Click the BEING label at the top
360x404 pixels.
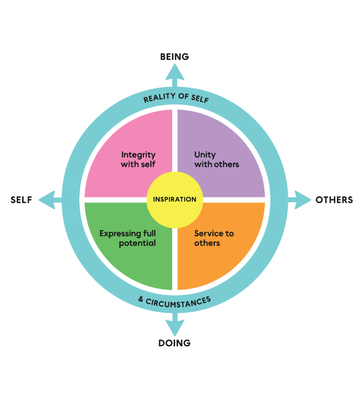pos(175,57)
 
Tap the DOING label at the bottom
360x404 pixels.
pos(175,343)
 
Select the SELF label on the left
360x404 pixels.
pos(21,200)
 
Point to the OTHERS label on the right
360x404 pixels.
pos(334,200)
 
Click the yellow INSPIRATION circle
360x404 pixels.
pos(175,199)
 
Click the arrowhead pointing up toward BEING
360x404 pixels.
pos(175,71)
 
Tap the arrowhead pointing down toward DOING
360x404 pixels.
pos(175,329)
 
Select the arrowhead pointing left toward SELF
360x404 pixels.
pos(46,199)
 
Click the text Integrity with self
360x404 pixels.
pos(138,160)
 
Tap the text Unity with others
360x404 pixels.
pos(217,160)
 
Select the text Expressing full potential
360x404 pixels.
pos(127,238)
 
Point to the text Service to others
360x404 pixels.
pos(214,238)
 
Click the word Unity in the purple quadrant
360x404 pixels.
pos(205,155)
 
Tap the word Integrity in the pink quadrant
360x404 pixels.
pos(138,155)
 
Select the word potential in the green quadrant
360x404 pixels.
pos(137,243)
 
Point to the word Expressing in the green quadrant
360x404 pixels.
pos(120,234)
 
